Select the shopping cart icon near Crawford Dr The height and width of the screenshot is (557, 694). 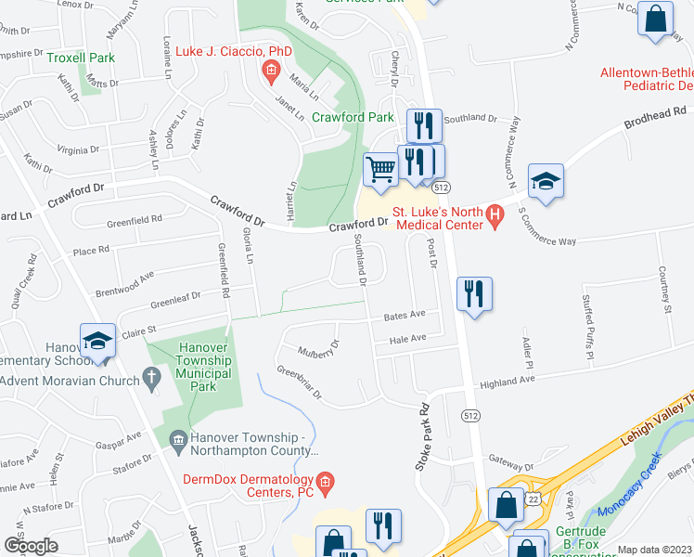pos(379,170)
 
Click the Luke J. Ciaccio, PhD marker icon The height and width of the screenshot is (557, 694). pos(270,70)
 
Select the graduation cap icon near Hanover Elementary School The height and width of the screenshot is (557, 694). pos(97,341)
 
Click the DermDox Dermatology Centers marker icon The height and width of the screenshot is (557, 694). pos(324,480)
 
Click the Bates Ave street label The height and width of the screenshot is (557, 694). pos(405,316)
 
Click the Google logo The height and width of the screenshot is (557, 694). pos(31,546)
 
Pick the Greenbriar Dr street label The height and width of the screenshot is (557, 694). pos(298,382)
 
